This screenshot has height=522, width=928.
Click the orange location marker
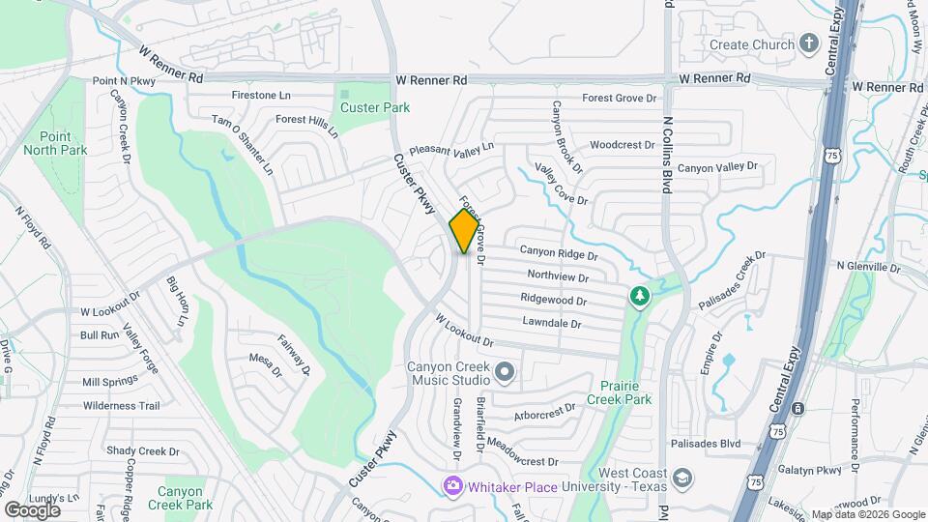click(x=465, y=231)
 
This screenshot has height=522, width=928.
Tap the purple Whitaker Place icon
click(x=452, y=486)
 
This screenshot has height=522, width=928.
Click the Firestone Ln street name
click(x=261, y=96)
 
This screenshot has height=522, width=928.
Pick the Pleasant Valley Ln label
click(x=450, y=150)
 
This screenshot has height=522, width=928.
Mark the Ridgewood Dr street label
click(x=553, y=300)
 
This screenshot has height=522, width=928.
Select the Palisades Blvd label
click(x=710, y=445)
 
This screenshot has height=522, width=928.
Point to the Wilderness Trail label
click(x=121, y=406)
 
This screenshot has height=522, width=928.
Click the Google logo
click(x=32, y=509)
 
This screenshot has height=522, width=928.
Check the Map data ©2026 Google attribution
click(x=867, y=515)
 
